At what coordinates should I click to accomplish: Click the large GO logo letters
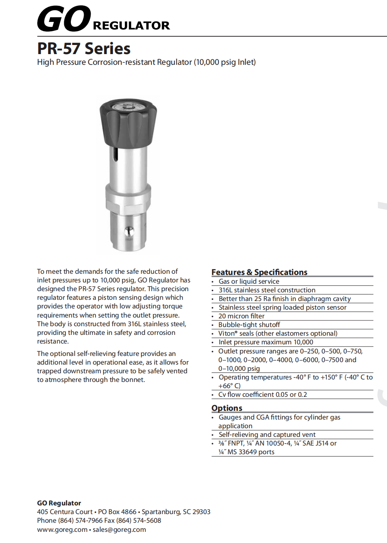coord(64,19)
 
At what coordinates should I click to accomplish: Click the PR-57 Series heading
coord(84,49)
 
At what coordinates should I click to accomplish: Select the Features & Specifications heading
coord(259,272)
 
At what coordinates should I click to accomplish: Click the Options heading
coord(227,408)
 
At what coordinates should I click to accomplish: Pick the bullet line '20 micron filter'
coord(242,316)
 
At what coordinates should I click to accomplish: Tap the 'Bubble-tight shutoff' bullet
coord(249,325)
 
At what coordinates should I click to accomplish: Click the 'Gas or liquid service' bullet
coord(249,281)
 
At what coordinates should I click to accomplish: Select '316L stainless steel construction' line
coord(267,290)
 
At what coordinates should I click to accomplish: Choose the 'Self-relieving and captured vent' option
coord(267,434)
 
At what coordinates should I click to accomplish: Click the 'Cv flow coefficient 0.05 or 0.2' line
coord(263,394)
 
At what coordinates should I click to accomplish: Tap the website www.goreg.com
coord(62,529)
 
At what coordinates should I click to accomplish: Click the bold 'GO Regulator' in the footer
coord(59,503)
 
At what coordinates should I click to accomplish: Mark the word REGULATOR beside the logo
coord(131,26)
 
